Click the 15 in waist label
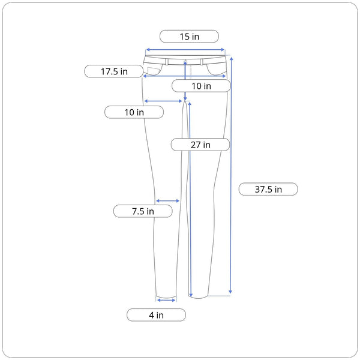click(189, 37)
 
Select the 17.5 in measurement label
click(114, 71)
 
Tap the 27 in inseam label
click(200, 145)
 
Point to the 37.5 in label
click(268, 190)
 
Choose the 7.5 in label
click(143, 211)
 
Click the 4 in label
click(156, 315)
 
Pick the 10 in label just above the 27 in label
click(201, 86)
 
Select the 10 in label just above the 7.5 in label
click(134, 112)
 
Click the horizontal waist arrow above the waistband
click(185, 50)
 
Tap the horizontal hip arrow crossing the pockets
click(184, 76)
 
